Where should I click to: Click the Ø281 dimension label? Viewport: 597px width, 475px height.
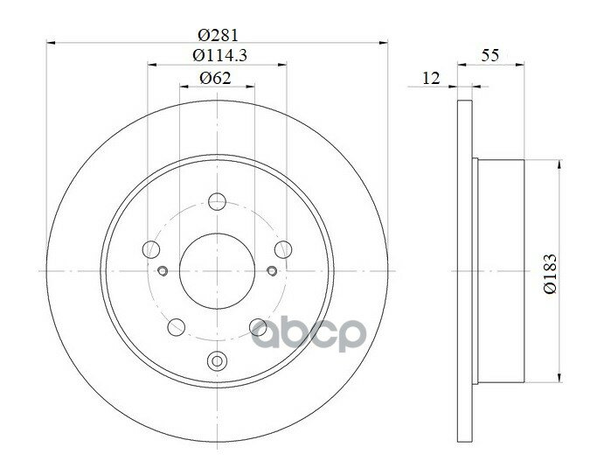(x=219, y=35)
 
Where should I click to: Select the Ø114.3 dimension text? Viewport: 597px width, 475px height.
(x=219, y=56)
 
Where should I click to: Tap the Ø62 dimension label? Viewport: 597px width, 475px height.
(x=216, y=78)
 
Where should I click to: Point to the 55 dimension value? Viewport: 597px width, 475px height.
(x=490, y=55)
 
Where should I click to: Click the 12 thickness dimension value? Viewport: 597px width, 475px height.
(x=431, y=78)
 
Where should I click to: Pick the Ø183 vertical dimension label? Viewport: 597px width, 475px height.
(x=550, y=273)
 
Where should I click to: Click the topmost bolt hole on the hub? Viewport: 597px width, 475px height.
(x=217, y=201)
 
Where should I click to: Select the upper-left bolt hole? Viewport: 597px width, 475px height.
(x=151, y=249)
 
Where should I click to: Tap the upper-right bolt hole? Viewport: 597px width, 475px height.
(x=283, y=249)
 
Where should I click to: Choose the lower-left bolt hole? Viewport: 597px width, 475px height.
(x=177, y=327)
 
